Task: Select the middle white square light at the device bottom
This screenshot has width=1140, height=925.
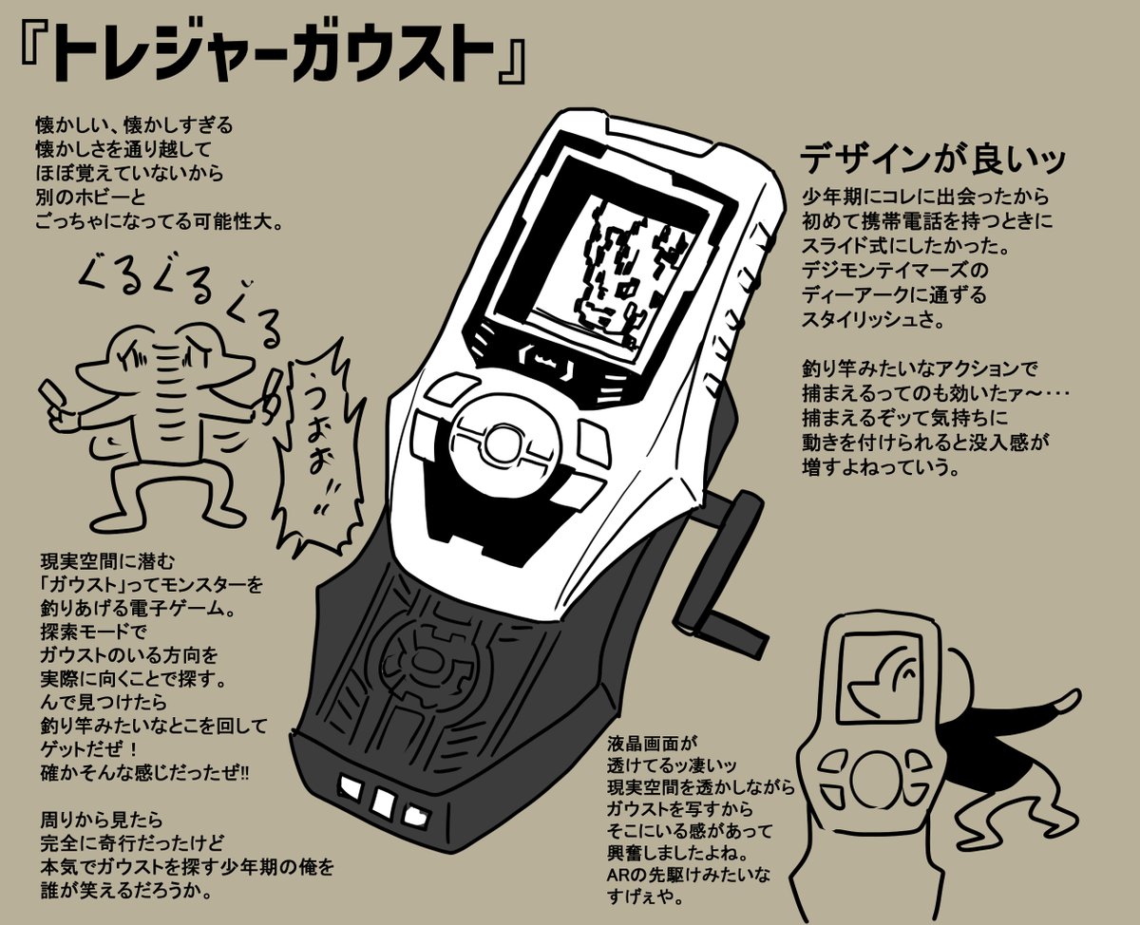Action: point(384,803)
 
